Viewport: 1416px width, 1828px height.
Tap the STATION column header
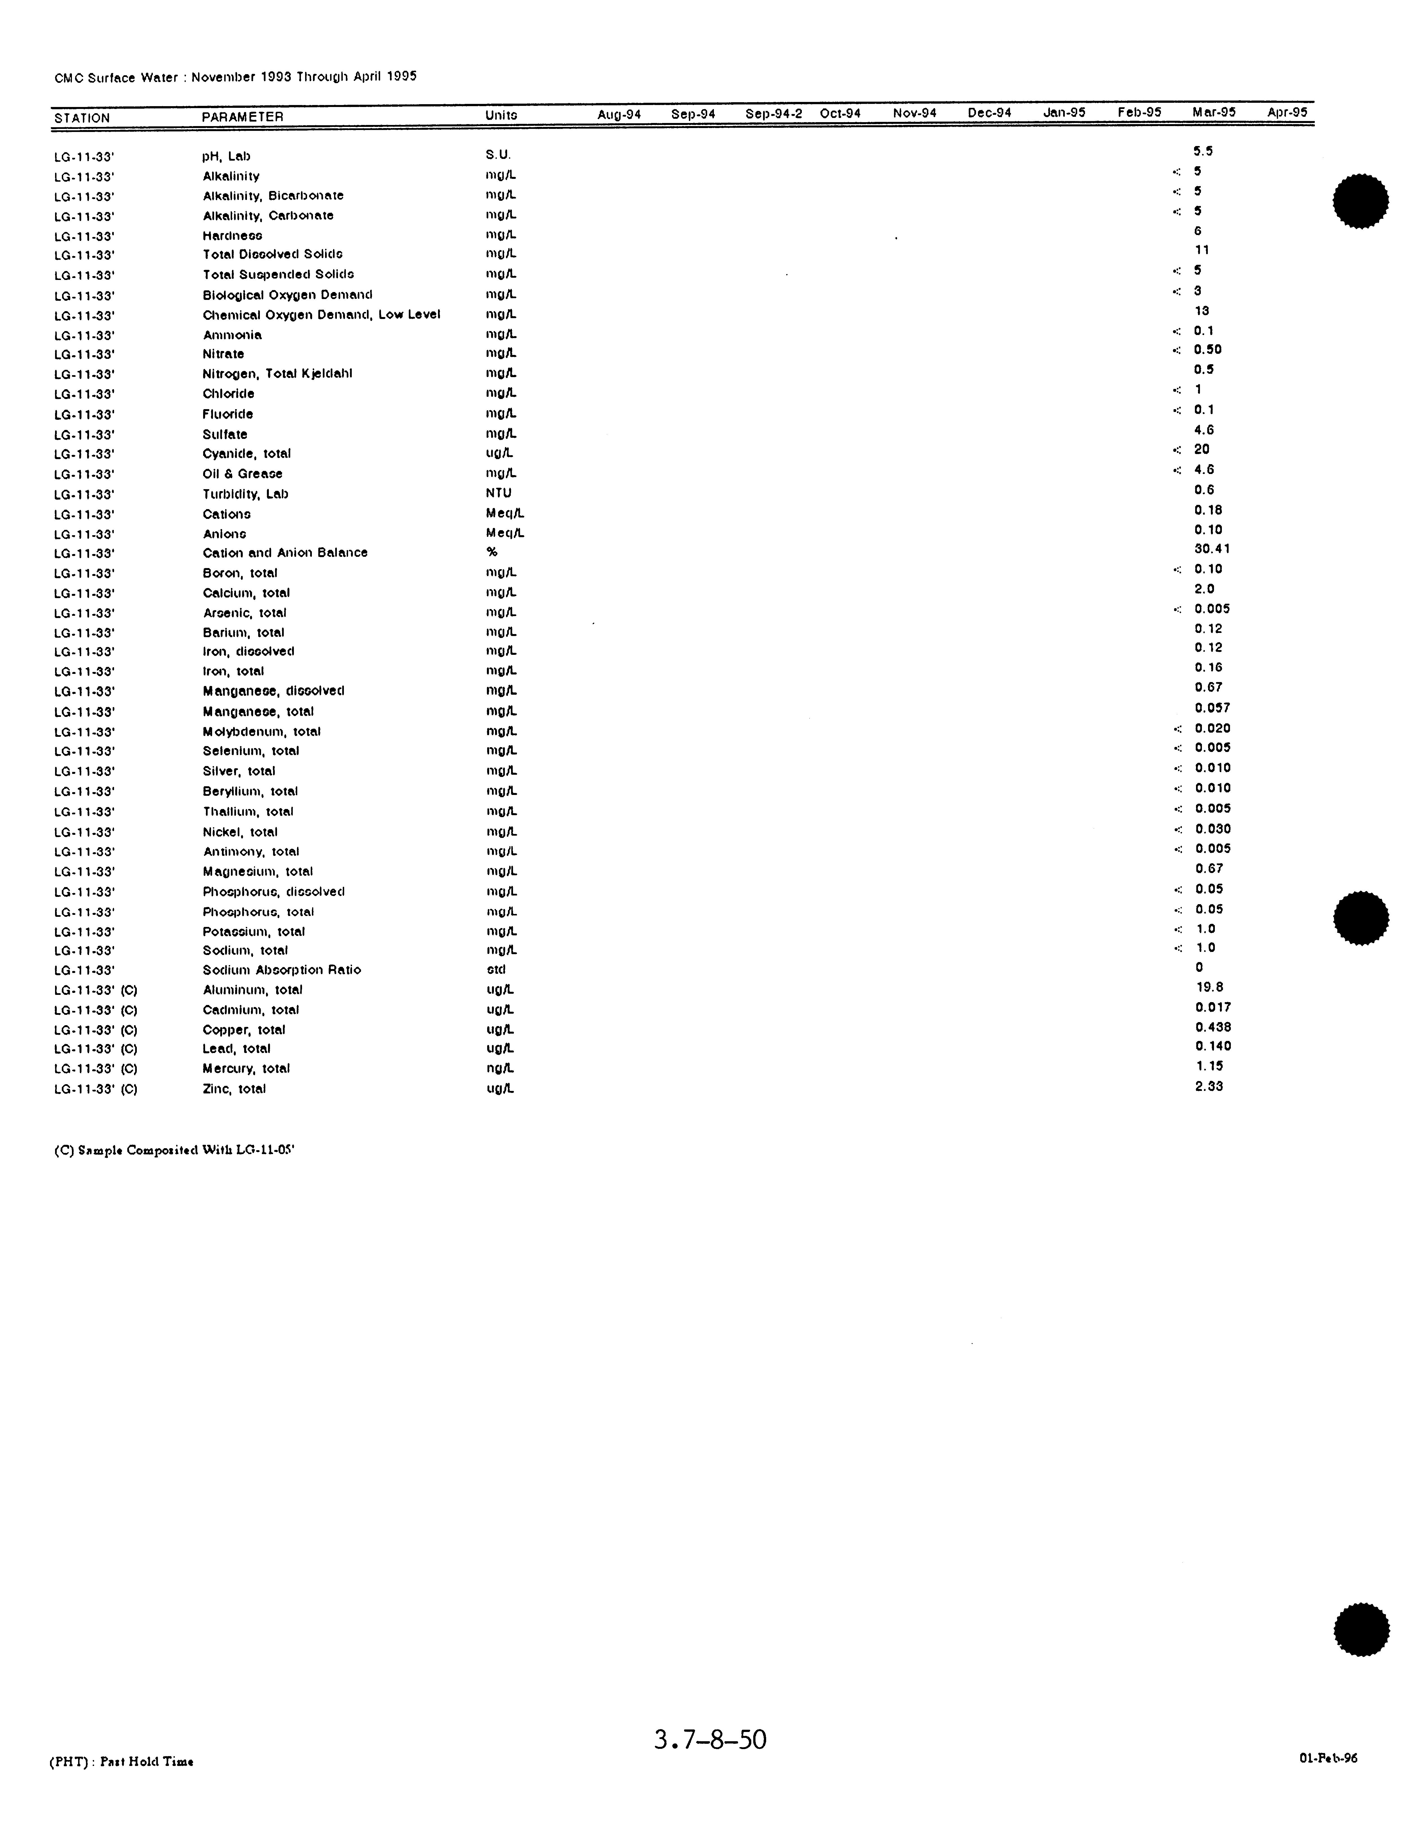coord(82,118)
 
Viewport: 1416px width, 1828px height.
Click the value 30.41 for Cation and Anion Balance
coord(1212,549)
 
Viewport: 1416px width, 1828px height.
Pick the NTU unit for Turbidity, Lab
coord(498,493)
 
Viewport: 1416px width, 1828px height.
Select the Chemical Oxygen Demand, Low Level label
coord(321,315)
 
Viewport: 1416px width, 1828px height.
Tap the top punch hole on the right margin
coord(1360,201)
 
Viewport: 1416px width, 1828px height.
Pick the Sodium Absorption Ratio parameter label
coord(281,970)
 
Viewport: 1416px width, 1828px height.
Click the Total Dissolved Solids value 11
coord(1202,250)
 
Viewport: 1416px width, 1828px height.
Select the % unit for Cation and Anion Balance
coord(492,551)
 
